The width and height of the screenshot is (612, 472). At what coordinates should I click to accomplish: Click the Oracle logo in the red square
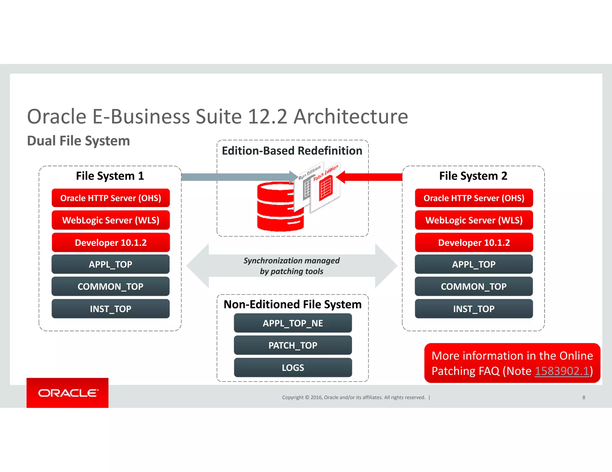pos(68,393)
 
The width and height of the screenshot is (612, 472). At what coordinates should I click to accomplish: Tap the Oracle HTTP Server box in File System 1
pos(111,198)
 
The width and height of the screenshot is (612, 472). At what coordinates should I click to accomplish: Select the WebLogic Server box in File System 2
pos(474,220)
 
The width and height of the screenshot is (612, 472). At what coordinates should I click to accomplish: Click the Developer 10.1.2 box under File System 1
pos(111,243)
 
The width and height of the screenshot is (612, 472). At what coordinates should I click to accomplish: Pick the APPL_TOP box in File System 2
pos(474,264)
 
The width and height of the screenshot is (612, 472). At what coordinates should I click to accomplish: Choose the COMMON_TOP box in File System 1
pos(111,286)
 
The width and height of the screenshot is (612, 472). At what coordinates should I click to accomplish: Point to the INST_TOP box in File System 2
pos(474,309)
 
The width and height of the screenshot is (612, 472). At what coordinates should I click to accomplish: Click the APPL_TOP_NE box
pos(293,323)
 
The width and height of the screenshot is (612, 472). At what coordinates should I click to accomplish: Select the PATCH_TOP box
pos(293,345)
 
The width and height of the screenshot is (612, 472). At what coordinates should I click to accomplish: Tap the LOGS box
pos(293,368)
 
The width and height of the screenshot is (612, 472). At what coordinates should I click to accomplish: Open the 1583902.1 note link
pos(562,371)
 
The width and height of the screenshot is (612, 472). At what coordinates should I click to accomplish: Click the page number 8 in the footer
pos(584,397)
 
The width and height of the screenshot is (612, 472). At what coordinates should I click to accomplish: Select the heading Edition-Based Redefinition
pos(292,151)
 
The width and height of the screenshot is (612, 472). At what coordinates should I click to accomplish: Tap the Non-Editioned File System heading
pos(293,305)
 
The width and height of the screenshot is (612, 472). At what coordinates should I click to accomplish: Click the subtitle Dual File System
pos(79,141)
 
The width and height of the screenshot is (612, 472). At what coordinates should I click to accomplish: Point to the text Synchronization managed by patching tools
pos(292,266)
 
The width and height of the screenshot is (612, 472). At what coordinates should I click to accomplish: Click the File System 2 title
pos(473,176)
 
